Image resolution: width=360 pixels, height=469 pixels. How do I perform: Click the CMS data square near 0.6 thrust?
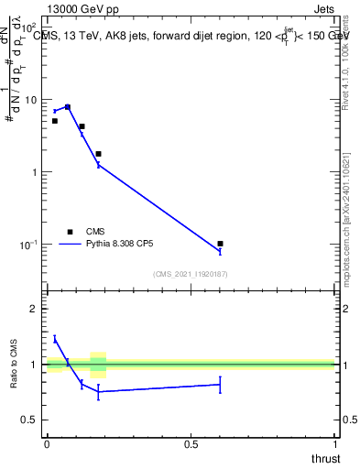[220, 244]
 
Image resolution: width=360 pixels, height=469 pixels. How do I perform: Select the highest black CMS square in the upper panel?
[68, 107]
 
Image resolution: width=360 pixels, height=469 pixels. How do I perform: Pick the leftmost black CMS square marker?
[55, 121]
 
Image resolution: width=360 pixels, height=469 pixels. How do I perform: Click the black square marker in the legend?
[70, 232]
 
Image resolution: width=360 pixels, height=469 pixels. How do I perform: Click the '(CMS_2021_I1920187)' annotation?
[191, 273]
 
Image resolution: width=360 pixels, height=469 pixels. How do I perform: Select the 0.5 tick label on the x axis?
[191, 444]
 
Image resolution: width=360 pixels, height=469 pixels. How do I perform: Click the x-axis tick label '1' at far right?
[334, 444]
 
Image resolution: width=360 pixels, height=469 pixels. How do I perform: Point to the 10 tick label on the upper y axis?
[31, 99]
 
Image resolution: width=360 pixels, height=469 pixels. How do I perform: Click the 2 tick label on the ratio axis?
[35, 310]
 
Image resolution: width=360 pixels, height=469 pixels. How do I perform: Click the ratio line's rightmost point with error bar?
[220, 385]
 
